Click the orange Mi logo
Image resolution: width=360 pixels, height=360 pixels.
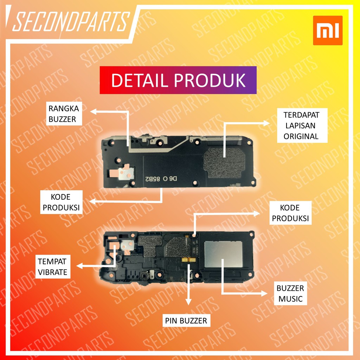pyautogui.click(x=328, y=30)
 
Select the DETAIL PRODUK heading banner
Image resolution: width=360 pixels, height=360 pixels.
pyautogui.click(x=178, y=80)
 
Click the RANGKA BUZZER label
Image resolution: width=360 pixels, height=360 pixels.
pyautogui.click(x=62, y=114)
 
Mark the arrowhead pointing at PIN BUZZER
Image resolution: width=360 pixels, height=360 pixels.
pyautogui.click(x=189, y=301)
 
